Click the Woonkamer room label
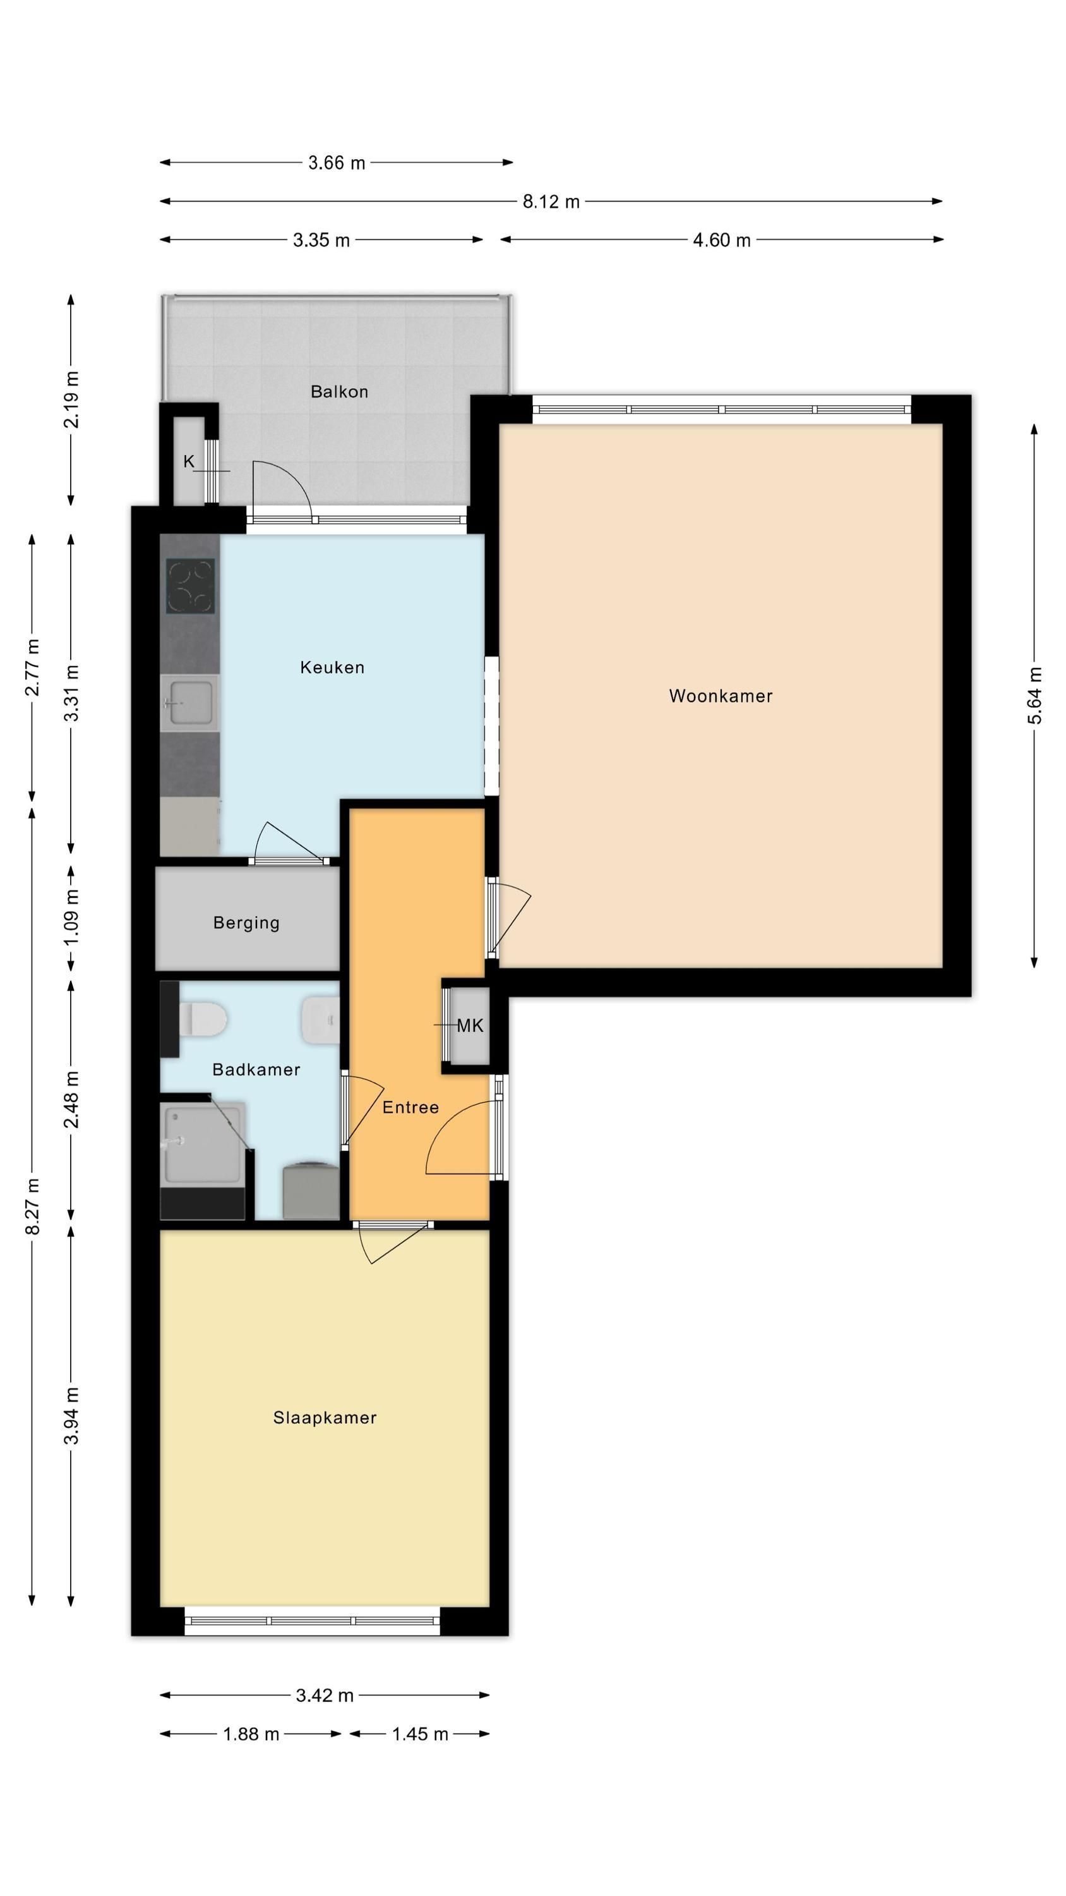(720, 696)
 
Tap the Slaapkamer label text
(325, 1418)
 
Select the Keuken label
(332, 667)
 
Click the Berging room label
(246, 923)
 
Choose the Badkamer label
(256, 1069)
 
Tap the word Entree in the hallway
(410, 1107)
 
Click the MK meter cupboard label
(470, 1025)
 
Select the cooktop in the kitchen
(190, 586)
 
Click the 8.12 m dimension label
(551, 201)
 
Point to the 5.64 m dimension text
(1034, 696)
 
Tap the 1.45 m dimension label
(419, 1734)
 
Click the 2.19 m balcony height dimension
(71, 399)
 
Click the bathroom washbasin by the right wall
(321, 1019)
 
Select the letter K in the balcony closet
(189, 461)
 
